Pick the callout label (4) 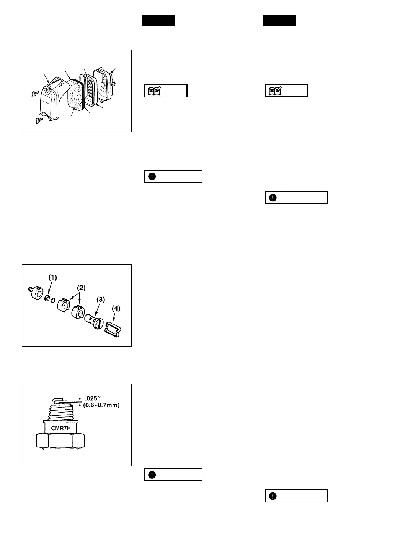click(x=115, y=308)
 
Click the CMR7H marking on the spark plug click(x=61, y=428)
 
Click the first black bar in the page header click(x=158, y=21)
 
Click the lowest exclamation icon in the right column click(x=273, y=496)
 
